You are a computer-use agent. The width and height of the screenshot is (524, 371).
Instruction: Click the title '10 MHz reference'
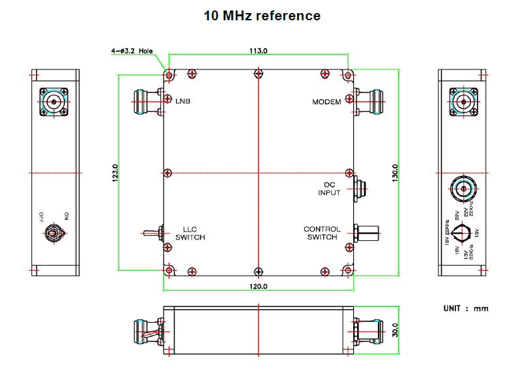(x=262, y=16)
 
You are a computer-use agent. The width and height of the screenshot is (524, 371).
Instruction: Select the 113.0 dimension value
(x=258, y=51)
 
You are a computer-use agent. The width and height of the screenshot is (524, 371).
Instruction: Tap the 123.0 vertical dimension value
(x=115, y=173)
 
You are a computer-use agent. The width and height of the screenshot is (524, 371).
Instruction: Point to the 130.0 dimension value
(x=395, y=173)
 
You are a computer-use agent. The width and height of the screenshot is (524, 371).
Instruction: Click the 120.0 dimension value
(x=258, y=287)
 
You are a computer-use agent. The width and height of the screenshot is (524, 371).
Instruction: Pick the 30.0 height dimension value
(x=395, y=330)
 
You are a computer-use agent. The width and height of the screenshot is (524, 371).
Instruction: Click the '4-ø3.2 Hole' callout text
(x=132, y=51)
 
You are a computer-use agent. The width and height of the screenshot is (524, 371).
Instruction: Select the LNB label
(x=183, y=101)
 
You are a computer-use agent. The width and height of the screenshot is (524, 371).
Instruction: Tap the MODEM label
(x=326, y=102)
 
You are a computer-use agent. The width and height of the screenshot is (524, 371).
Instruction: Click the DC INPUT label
(x=329, y=189)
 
